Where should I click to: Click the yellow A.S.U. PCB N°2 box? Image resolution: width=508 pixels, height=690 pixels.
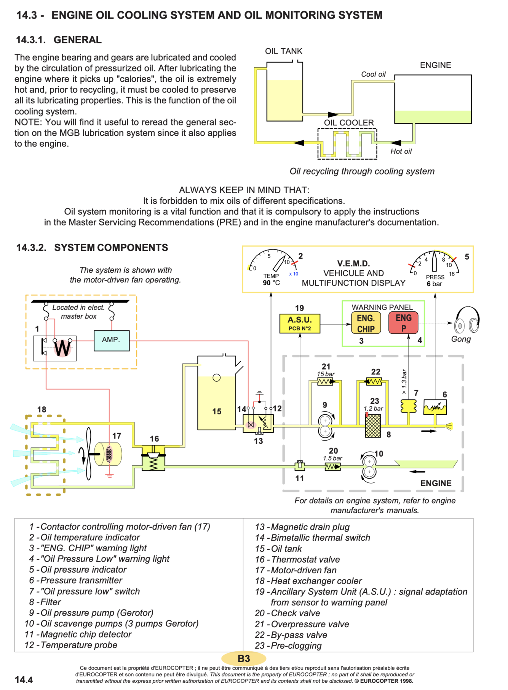(300, 324)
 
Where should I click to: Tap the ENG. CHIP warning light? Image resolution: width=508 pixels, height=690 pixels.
(366, 323)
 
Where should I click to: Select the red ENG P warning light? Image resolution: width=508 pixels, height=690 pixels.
(403, 323)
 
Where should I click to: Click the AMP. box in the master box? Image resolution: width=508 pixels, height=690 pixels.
(111, 340)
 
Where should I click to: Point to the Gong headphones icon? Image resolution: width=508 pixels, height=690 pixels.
(467, 320)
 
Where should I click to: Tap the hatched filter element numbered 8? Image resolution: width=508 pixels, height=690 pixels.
(373, 426)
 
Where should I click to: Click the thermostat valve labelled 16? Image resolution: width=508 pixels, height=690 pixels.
(153, 457)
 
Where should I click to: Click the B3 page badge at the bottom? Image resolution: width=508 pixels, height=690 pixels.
(244, 658)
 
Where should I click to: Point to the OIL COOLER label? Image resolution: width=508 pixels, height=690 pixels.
(349, 123)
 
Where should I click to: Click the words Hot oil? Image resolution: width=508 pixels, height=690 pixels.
(401, 151)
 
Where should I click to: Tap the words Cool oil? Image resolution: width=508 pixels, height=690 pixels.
(373, 75)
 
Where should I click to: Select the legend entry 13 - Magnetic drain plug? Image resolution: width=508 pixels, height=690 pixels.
(302, 527)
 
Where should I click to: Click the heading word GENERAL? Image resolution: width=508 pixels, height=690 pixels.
(77, 40)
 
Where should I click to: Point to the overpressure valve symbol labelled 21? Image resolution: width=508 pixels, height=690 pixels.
(325, 381)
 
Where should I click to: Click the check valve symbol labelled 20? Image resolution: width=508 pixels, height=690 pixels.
(332, 466)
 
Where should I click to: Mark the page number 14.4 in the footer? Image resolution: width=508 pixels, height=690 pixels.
(24, 680)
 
